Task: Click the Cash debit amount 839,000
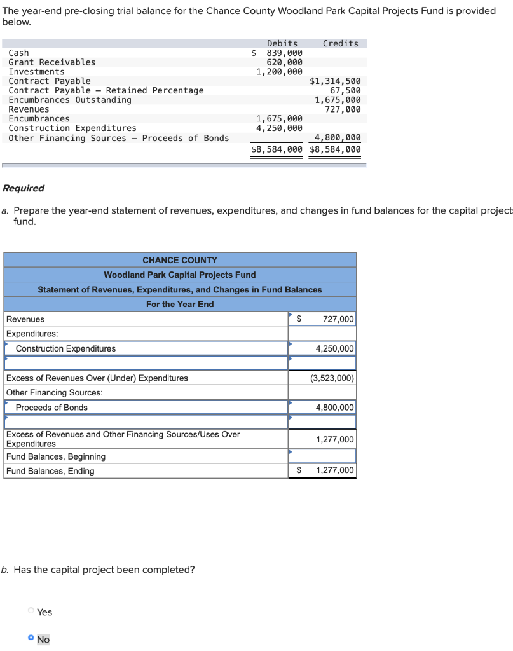(x=284, y=53)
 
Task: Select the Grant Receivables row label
(x=52, y=62)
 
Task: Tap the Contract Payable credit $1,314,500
(x=335, y=81)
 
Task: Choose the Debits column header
(x=282, y=43)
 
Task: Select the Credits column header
(x=340, y=43)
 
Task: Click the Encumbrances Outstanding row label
(x=70, y=100)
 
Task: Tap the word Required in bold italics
(x=24, y=188)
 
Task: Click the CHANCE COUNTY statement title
(x=180, y=260)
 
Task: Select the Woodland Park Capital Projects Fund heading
(x=180, y=275)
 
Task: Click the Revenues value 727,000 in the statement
(x=338, y=319)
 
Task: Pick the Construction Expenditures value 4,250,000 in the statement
(x=335, y=348)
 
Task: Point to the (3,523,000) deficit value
(x=332, y=378)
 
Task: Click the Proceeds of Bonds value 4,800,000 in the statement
(x=335, y=407)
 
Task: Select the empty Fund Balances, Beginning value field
(x=322, y=456)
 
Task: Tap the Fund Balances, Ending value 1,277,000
(x=335, y=470)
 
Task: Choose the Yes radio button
(x=31, y=612)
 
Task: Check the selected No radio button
(x=31, y=638)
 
